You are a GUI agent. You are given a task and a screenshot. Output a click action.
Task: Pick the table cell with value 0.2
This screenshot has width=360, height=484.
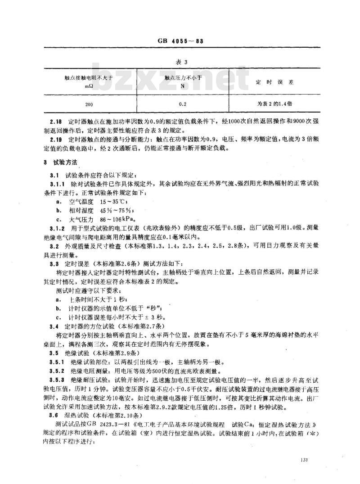point(184,103)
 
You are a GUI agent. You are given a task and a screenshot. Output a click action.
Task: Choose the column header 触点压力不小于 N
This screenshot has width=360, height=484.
point(183,81)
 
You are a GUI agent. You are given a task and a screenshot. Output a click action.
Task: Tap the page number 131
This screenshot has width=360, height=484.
point(303,460)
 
